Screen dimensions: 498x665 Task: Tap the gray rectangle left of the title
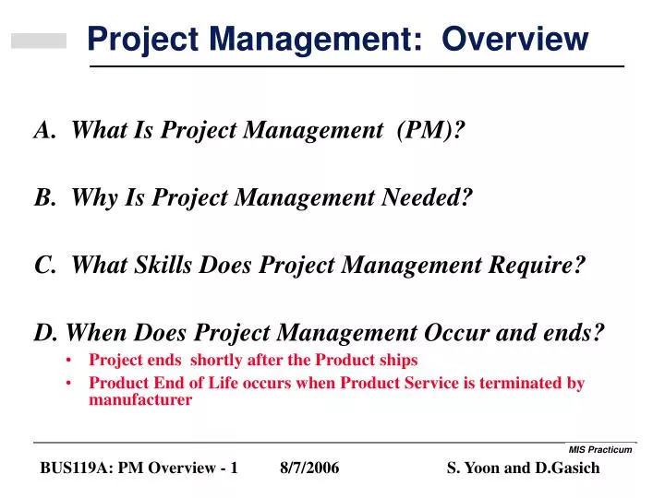pyautogui.click(x=39, y=41)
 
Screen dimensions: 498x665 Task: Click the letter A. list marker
pyautogui.click(x=44, y=132)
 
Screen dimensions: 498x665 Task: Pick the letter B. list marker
pyautogui.click(x=44, y=198)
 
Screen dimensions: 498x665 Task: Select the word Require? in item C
pyautogui.click(x=538, y=266)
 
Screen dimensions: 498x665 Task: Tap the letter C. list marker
pyautogui.click(x=44, y=266)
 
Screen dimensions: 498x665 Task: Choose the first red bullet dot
pyautogui.click(x=71, y=361)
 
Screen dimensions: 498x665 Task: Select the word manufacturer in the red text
pyautogui.click(x=140, y=400)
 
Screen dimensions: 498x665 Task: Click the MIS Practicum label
pyautogui.click(x=599, y=449)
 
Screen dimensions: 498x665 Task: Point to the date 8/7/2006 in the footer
pyautogui.click(x=309, y=468)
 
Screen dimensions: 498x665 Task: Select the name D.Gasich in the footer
pyautogui.click(x=567, y=468)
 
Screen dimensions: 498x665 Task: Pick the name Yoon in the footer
pyautogui.click(x=483, y=468)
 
